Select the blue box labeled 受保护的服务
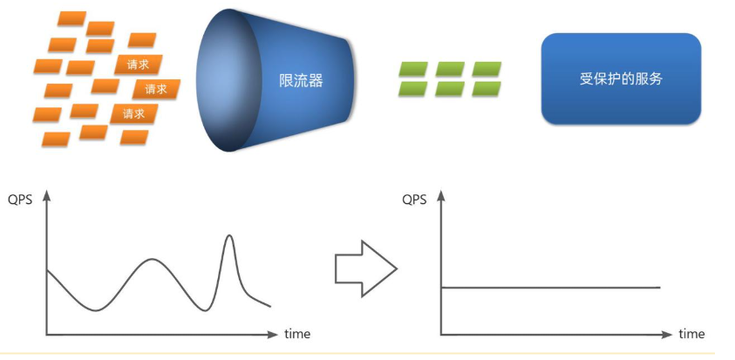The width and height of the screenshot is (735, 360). pos(621,78)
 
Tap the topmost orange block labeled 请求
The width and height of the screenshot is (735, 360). pos(138,64)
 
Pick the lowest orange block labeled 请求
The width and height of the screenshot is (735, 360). pos(134,113)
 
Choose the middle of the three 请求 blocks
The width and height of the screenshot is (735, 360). pos(156,88)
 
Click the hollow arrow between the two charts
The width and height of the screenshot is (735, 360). pos(365,269)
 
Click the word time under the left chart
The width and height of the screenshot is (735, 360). pos(296,334)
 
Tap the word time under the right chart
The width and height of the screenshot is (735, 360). pos(691,334)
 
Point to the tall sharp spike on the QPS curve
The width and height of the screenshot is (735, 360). pos(229,237)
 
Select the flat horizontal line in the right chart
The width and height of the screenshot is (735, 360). pos(549,287)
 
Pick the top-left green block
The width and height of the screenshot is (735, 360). pos(413,68)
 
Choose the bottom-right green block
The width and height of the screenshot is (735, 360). pos(486,87)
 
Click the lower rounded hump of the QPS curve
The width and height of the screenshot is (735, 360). pos(153,260)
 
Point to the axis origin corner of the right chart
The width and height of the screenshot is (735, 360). pos(442,334)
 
